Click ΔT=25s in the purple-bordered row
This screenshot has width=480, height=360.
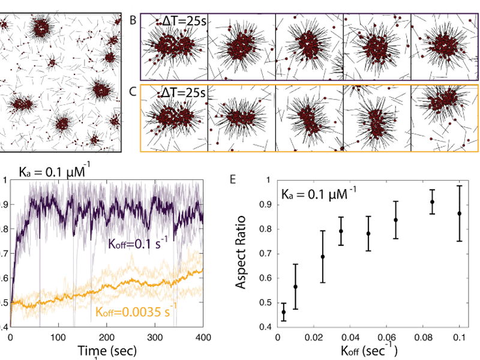click(184, 22)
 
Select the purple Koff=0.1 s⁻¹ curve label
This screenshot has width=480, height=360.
click(135, 244)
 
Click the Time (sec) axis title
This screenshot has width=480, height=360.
click(107, 350)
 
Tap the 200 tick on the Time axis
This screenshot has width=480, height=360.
click(107, 337)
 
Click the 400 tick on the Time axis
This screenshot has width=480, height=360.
click(203, 337)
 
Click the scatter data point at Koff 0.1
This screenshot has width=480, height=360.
click(460, 213)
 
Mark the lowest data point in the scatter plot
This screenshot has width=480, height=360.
click(283, 311)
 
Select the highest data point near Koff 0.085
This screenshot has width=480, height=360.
click(432, 202)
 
